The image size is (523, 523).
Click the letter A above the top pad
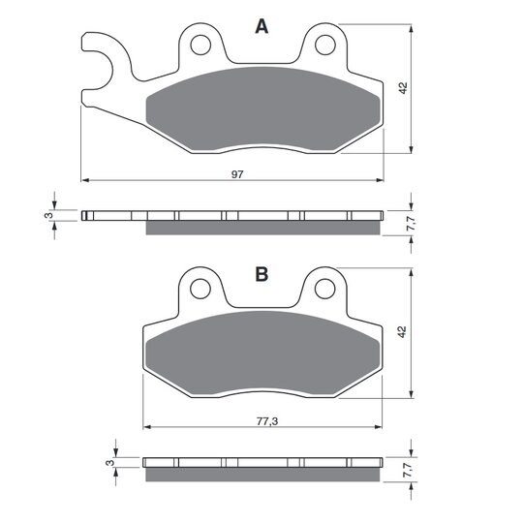(261, 26)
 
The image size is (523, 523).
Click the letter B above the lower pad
(261, 274)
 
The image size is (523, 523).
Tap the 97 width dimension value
(237, 174)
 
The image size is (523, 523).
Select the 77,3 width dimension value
(267, 421)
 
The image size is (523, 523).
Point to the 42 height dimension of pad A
(403, 88)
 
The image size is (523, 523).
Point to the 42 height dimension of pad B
(402, 332)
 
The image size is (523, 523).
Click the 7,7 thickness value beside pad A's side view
(411, 223)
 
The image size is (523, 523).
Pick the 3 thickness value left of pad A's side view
(48, 215)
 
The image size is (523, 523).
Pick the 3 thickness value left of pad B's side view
(109, 463)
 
